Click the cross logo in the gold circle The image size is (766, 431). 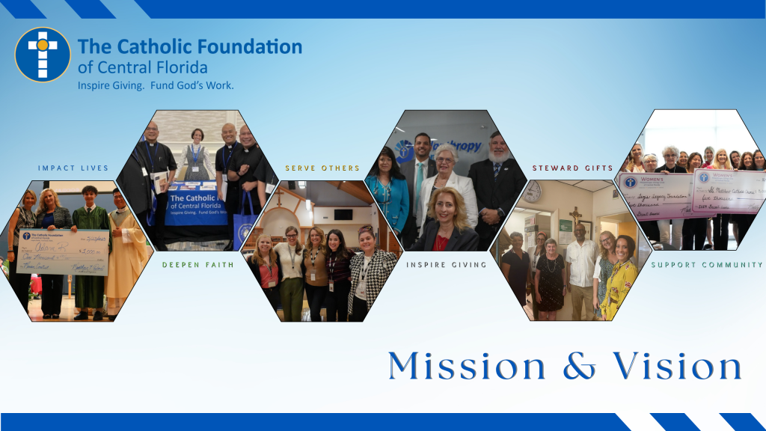pyautogui.click(x=42, y=55)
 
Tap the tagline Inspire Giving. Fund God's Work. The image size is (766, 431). pyautogui.click(x=156, y=85)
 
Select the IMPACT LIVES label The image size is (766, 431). pyautogui.click(x=73, y=168)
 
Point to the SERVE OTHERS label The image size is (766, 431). pyautogui.click(x=322, y=168)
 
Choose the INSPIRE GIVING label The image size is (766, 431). pyautogui.click(x=447, y=265)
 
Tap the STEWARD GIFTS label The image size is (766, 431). pyautogui.click(x=572, y=168)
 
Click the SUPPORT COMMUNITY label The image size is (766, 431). pyautogui.click(x=707, y=265)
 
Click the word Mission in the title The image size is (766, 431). pyautogui.click(x=467, y=367)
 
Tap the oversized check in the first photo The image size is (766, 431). pyautogui.click(x=64, y=251)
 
